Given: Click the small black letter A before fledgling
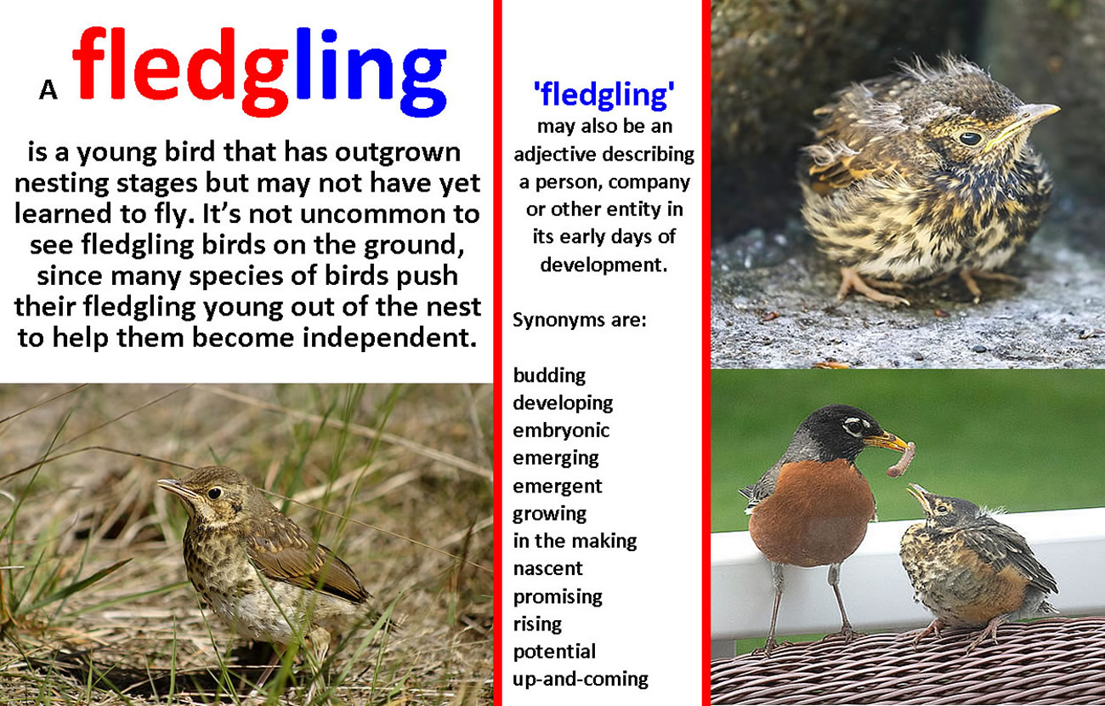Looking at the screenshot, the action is coord(48,90).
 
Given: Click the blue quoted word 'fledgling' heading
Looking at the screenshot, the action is coord(603,94).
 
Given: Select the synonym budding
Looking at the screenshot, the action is coord(549,376).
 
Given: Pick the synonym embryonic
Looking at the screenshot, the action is coord(561,431).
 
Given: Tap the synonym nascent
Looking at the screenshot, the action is coord(547,569).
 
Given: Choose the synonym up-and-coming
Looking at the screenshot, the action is coord(580,680).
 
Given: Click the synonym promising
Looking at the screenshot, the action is coord(558,597).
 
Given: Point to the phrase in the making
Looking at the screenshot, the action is coord(575,542).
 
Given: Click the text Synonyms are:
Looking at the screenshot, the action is coord(579,321).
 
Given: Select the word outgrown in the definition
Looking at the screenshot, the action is coord(398,153).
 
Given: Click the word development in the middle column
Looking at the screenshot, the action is coord(603,265).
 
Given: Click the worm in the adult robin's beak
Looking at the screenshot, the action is coord(902,459).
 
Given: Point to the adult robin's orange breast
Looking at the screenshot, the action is coord(812,514).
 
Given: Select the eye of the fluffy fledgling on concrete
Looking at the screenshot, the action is coord(969,138).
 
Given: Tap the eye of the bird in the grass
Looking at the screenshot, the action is coord(214,492).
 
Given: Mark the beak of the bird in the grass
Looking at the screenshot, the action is coord(176,488).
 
